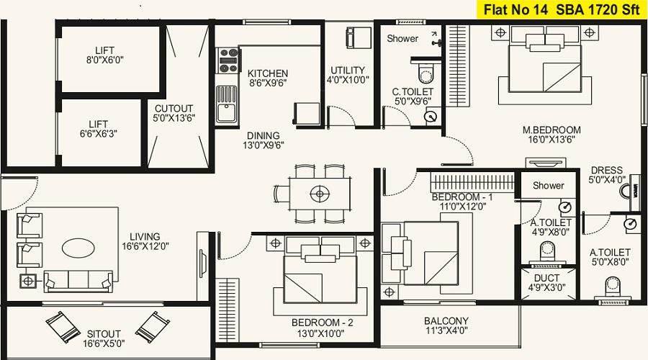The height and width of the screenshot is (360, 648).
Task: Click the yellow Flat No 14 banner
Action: (562, 9)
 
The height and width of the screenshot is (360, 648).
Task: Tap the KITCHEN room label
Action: (268, 73)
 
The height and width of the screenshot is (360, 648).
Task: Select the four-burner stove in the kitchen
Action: (228, 60)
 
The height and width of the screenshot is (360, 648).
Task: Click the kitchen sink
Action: (227, 104)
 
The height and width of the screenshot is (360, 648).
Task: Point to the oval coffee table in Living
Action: (78, 248)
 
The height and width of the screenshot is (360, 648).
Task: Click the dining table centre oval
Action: (320, 194)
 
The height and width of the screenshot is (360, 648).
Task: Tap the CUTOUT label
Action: (174, 109)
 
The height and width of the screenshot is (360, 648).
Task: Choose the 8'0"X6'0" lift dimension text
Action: (105, 60)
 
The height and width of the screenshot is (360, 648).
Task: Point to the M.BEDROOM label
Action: (552, 130)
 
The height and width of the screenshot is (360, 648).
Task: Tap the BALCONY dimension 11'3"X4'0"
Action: (446, 330)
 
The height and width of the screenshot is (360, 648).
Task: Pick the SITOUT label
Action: (104, 333)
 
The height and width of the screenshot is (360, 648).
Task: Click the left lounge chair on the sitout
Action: (63, 327)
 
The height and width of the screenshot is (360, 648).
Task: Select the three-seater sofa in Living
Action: (78, 282)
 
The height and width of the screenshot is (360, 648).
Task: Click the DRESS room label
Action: (607, 170)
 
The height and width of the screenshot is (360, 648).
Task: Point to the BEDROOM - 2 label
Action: (323, 323)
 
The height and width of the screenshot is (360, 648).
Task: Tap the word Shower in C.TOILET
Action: (402, 38)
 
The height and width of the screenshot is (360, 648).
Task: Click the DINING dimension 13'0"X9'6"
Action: (264, 145)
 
